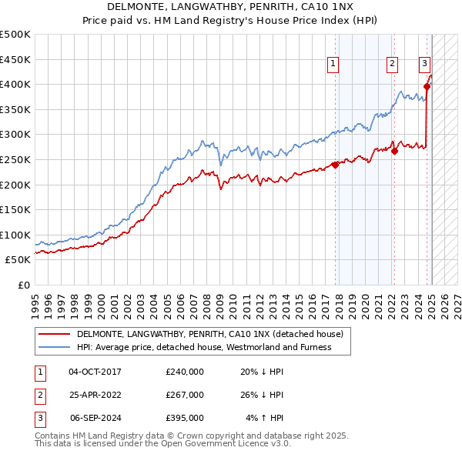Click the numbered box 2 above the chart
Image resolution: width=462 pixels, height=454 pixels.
pos(392,65)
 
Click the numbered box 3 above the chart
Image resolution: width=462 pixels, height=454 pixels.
pos(424,65)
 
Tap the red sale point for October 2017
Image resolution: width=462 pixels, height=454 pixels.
pos(335,165)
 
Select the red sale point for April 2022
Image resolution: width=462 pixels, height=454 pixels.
pos(394,151)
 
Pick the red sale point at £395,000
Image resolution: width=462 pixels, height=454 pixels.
pos(427,86)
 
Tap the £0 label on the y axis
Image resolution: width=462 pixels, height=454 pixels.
pos(24,285)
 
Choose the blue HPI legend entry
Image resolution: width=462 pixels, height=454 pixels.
pos(203,347)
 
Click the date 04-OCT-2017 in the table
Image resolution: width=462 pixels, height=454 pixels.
pos(95,372)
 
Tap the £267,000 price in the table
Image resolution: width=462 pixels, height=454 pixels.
pos(185,395)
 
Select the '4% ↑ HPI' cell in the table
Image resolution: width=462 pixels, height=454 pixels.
pos(265,418)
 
